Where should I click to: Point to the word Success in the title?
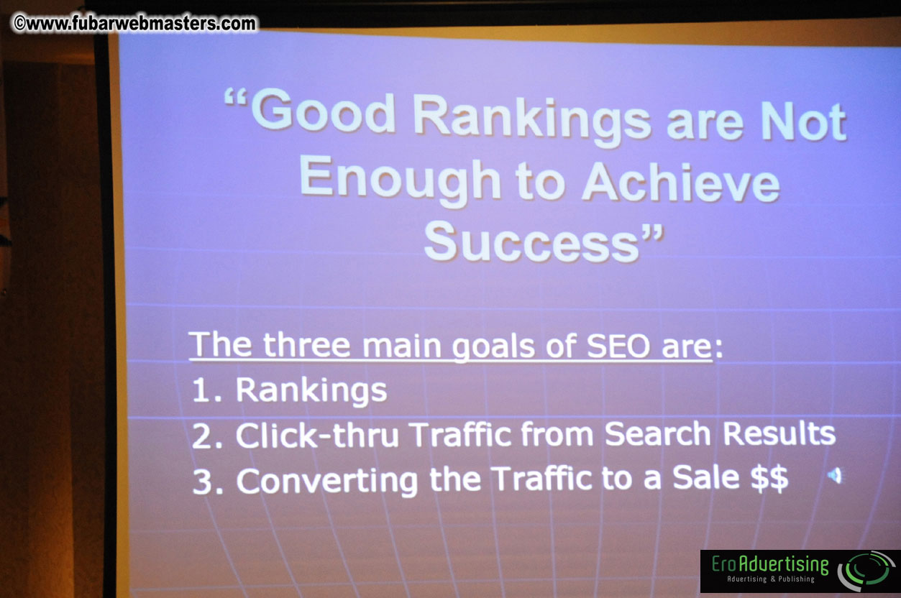coord(531,242)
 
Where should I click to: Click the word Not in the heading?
coord(803,120)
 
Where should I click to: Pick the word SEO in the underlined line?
coord(618,346)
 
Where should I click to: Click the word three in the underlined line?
coord(306,345)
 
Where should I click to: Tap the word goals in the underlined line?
coord(493,346)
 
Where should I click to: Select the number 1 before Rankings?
coord(201,390)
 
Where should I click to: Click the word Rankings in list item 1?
coord(311,391)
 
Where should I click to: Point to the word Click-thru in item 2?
coord(317,435)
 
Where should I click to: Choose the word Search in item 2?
coord(657,433)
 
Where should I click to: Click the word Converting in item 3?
coord(326,480)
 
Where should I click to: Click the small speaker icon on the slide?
coord(834,476)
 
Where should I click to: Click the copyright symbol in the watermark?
coord(19,23)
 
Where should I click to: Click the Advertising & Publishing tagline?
coord(770,579)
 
